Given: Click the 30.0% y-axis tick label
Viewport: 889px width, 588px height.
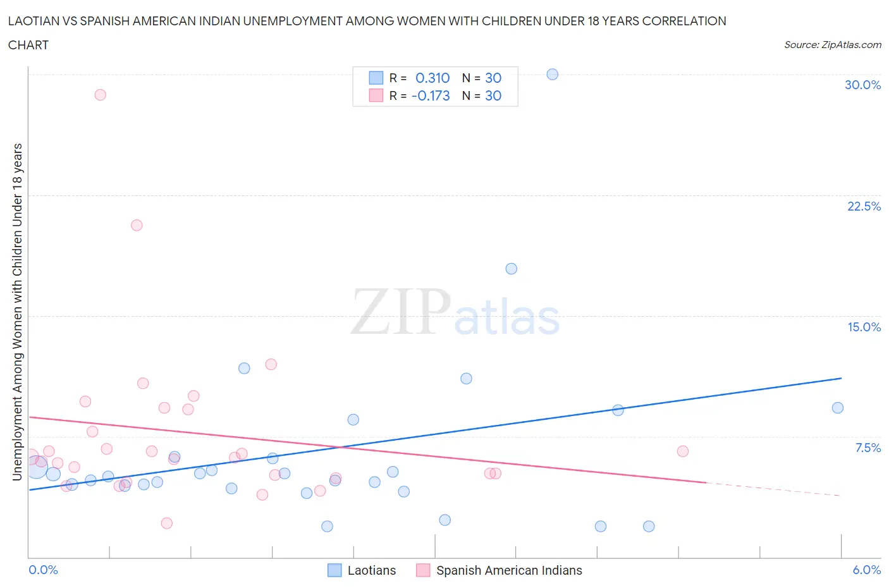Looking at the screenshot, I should pos(862,85).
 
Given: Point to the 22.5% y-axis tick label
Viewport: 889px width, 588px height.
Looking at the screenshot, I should pos(864,206).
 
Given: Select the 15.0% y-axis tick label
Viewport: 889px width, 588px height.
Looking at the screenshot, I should pos(864,327).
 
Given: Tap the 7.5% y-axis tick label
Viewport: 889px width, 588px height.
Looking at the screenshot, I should pos(868,448).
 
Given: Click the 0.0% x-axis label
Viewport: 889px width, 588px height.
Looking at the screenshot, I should pos(43,570).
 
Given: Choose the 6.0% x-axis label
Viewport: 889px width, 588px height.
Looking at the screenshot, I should pos(866,570).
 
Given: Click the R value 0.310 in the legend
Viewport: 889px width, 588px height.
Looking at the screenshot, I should pos(432,78).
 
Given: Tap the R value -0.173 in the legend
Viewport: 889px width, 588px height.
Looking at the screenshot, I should pos(431,95).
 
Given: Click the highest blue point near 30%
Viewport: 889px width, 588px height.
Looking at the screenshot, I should pos(552,74).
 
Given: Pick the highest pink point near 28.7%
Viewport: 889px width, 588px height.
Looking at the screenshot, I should pos(100,95).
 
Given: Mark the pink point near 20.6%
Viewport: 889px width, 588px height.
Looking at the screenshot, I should pos(137,225).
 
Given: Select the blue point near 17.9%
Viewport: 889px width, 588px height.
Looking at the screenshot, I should pos(512,269).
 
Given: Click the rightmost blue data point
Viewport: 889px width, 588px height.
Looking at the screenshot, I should pos(838,408).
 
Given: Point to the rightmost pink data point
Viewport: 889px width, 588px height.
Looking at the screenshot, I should pos(682,451).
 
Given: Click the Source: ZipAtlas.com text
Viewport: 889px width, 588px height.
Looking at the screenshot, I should pos(832,45).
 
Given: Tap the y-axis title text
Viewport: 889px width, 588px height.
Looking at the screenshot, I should pos(17,312).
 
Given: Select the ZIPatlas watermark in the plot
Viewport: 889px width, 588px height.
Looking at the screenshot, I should pos(455,312).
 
